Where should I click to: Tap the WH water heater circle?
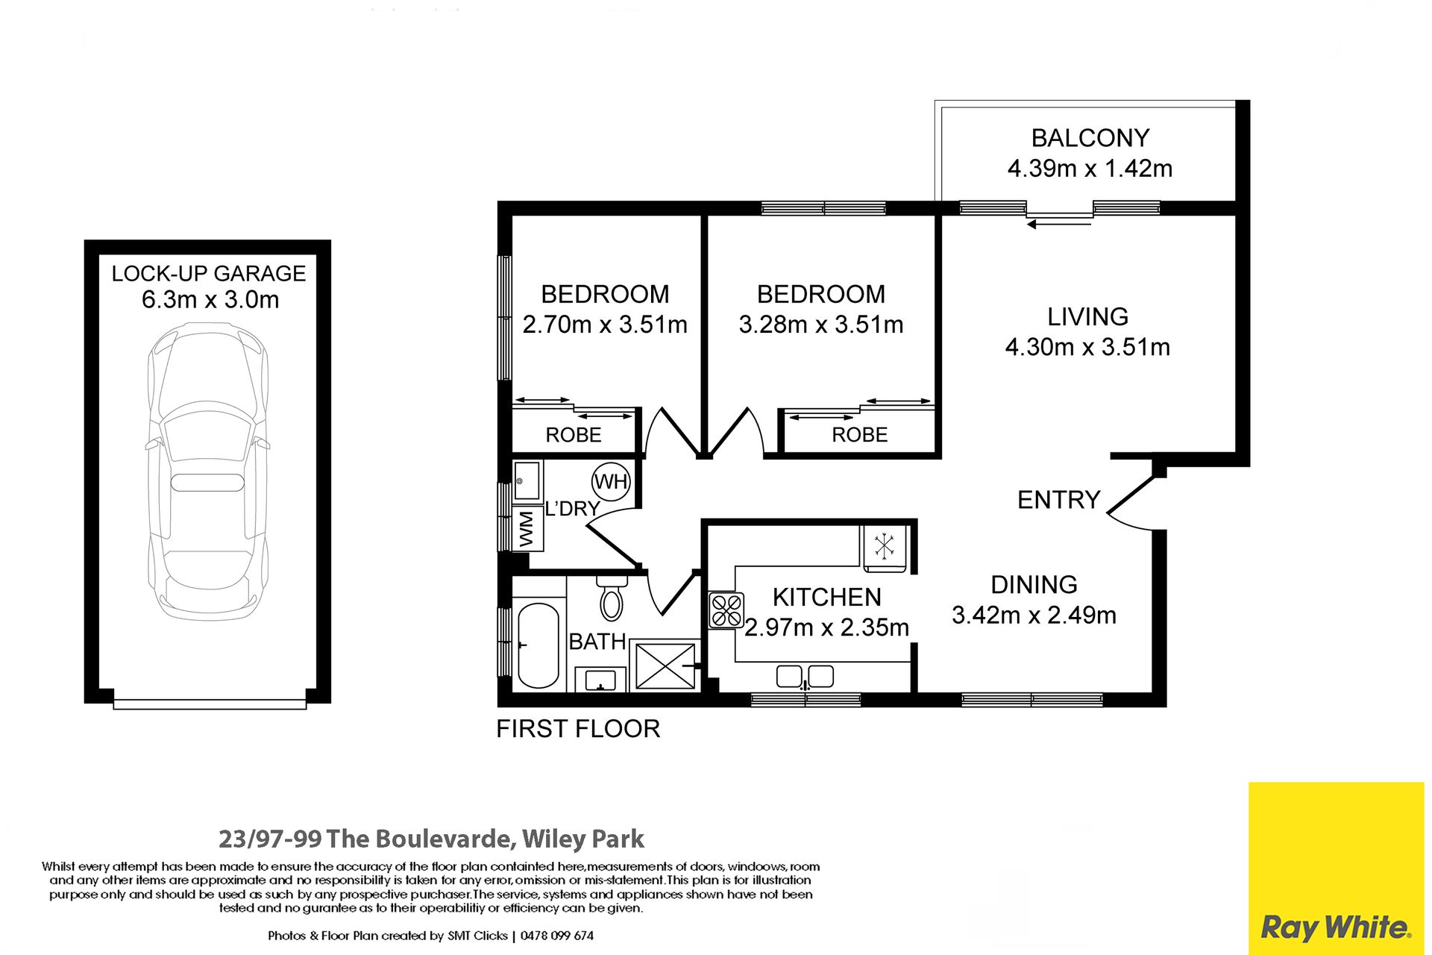click(611, 482)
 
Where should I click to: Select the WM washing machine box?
click(527, 528)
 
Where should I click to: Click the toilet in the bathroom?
click(612, 598)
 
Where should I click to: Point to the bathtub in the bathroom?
click(538, 645)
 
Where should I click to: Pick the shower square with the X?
click(665, 666)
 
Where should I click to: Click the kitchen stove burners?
click(726, 610)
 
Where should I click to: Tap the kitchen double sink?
click(805, 677)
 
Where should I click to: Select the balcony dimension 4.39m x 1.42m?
click(1090, 169)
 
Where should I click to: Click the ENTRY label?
click(1058, 499)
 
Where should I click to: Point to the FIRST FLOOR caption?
click(578, 729)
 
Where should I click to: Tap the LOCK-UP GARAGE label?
click(209, 273)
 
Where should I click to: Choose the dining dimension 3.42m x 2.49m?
click(1034, 615)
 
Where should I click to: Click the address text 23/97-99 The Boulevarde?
click(366, 839)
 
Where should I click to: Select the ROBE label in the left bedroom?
click(573, 435)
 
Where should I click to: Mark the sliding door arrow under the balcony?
click(1059, 222)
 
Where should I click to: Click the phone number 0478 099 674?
click(557, 936)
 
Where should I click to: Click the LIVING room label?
click(1087, 317)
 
